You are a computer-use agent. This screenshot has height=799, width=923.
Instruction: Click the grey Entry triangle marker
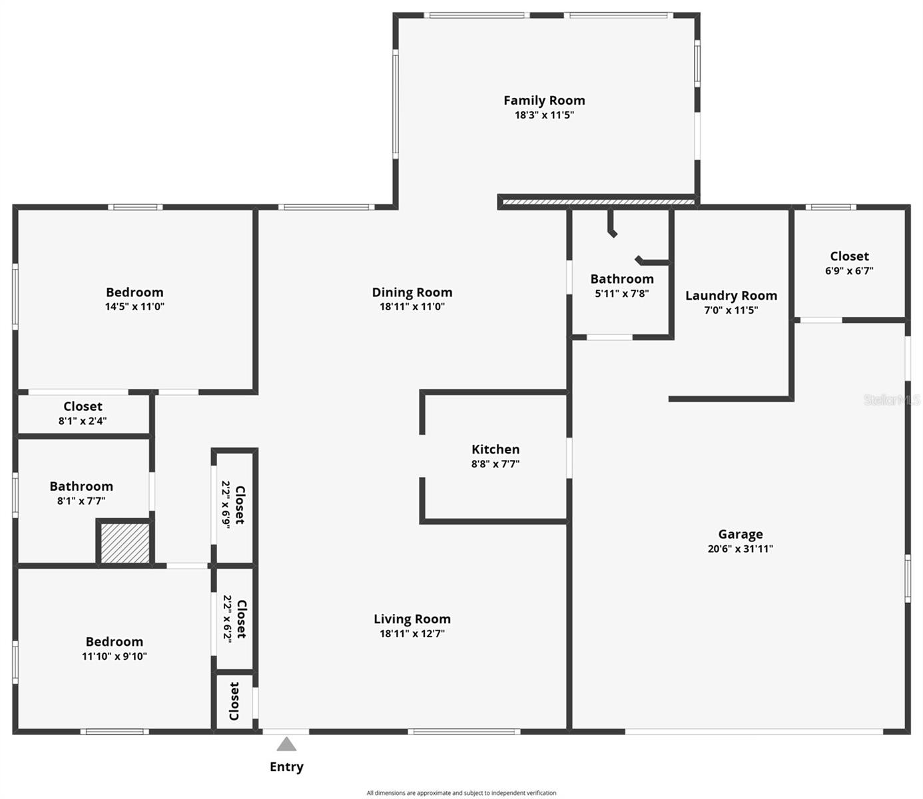[x=286, y=744]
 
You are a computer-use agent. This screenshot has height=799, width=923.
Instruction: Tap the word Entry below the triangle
[x=286, y=767]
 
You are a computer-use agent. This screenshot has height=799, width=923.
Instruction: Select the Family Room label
[x=544, y=101]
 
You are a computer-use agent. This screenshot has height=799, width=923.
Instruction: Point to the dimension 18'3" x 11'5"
[x=544, y=115]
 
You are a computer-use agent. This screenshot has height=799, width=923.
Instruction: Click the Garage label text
[x=741, y=534]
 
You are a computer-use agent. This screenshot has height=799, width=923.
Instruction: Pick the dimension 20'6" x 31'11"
[x=741, y=549]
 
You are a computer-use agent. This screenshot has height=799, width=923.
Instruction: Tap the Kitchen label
[x=495, y=449]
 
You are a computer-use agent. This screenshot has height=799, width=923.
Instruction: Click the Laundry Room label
[x=731, y=296]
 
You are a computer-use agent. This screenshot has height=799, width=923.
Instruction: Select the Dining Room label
[x=412, y=292]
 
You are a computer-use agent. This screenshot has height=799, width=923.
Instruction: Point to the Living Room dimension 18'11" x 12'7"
[x=412, y=634]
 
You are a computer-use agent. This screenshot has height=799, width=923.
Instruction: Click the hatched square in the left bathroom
[x=125, y=543]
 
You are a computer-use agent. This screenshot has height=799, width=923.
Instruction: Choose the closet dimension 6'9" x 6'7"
[x=849, y=271]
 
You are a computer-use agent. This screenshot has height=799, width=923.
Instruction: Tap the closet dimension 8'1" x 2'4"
[x=83, y=421]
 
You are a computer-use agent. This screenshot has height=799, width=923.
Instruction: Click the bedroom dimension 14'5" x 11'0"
[x=135, y=307]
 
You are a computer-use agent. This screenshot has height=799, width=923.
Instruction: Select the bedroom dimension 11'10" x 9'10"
[x=115, y=657]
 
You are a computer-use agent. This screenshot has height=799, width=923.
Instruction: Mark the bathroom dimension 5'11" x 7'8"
[x=622, y=294]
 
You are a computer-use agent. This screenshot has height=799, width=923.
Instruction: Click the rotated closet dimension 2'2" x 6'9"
[x=226, y=505]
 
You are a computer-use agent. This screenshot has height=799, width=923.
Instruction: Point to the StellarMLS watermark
[x=892, y=400]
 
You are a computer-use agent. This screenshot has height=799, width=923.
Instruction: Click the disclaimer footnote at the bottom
[x=461, y=793]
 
